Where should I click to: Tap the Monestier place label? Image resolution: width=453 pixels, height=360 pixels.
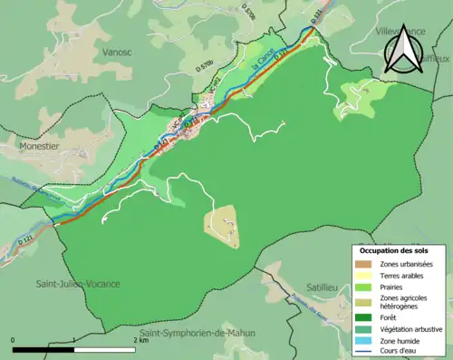34,144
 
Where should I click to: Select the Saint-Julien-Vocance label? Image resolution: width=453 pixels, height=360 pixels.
78,284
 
